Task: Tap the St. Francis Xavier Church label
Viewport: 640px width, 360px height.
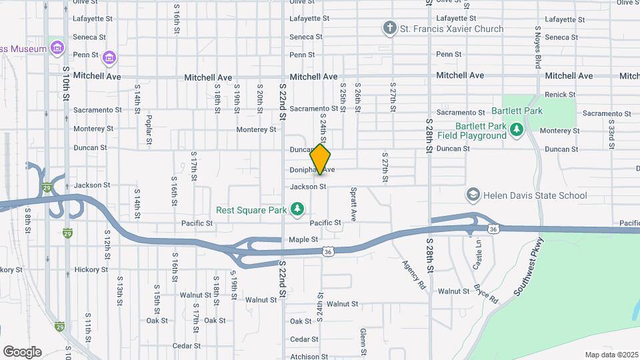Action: coord(451,29)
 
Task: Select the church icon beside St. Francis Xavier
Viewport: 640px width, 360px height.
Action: coord(389,29)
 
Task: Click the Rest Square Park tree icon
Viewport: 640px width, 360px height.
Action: coord(297,210)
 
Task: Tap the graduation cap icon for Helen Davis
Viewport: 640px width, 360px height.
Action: coord(473,195)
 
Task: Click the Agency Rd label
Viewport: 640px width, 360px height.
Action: coord(413,274)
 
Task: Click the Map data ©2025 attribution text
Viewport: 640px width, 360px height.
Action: coord(611,355)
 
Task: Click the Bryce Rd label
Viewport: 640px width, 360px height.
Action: coord(485,293)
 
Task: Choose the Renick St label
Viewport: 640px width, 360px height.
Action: coord(559,95)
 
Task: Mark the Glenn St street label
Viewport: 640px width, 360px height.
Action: coord(363,341)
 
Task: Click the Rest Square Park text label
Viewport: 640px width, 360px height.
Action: coord(251,210)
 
